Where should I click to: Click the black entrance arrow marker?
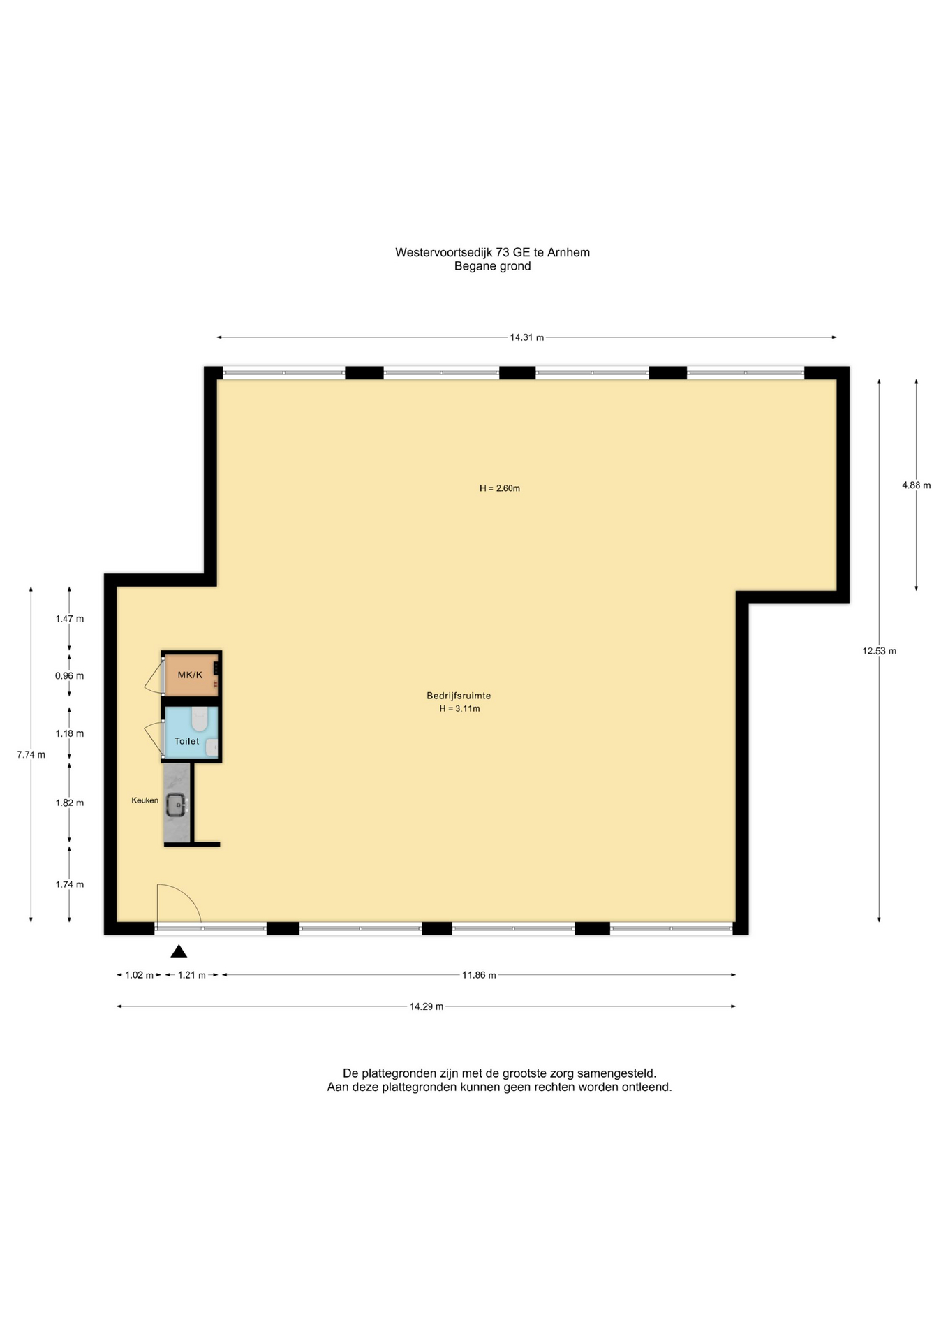tap(179, 951)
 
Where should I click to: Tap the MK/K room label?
tap(190, 675)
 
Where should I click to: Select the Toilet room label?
tap(186, 741)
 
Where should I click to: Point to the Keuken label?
tap(145, 800)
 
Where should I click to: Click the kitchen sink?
tap(176, 805)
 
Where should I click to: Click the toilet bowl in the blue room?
tap(200, 718)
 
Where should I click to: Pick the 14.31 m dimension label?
tap(526, 337)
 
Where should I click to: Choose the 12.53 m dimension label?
tap(879, 651)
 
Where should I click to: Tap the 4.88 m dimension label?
tap(916, 485)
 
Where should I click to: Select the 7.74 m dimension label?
tap(31, 754)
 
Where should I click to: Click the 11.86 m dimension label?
tap(479, 975)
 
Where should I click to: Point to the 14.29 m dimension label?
tap(427, 1006)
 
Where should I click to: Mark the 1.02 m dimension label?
tap(139, 975)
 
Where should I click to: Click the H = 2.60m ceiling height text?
tap(500, 488)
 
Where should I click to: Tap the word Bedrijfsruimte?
tap(459, 696)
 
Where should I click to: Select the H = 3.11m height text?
tap(459, 708)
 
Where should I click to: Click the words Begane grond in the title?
tap(492, 266)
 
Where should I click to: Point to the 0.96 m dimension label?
tap(70, 676)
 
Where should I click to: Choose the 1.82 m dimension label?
tap(70, 803)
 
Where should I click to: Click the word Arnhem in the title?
tap(568, 252)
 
